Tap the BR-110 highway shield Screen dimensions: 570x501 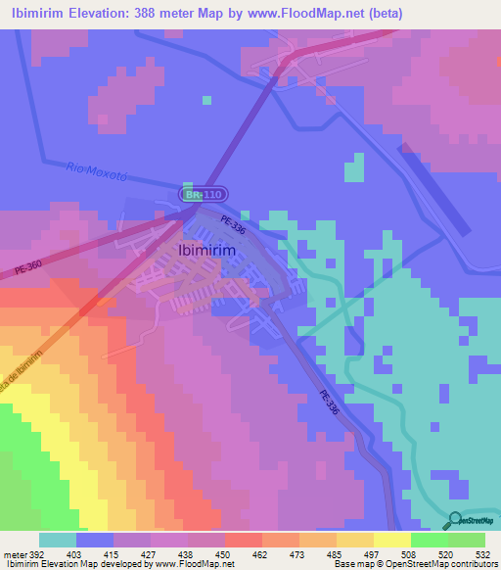[x=205, y=195]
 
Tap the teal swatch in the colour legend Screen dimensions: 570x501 [x=58, y=540]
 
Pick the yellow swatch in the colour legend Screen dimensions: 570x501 [x=392, y=540]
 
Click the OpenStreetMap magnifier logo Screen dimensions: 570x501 [x=456, y=520]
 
